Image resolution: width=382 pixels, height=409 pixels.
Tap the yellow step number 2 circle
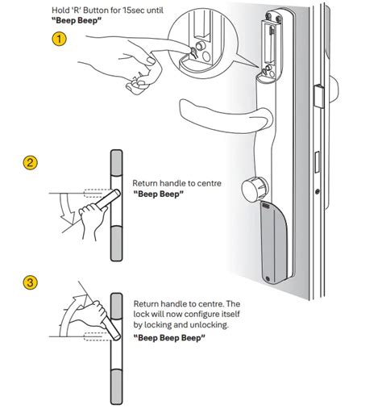(x=30, y=163)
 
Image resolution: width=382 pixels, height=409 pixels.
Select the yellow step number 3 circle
(x=30, y=283)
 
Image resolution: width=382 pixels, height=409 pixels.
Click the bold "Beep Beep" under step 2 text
(x=159, y=194)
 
